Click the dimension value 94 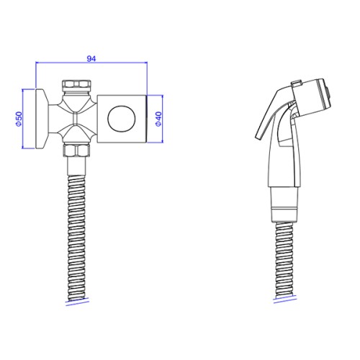point(91,58)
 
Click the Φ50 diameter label point(19,119)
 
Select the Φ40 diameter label point(158,119)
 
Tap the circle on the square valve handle point(122,119)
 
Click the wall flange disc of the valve point(42,119)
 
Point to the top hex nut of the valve point(76,84)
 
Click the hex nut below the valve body point(76,150)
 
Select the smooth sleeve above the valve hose point(76,166)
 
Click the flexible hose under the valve point(76,238)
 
